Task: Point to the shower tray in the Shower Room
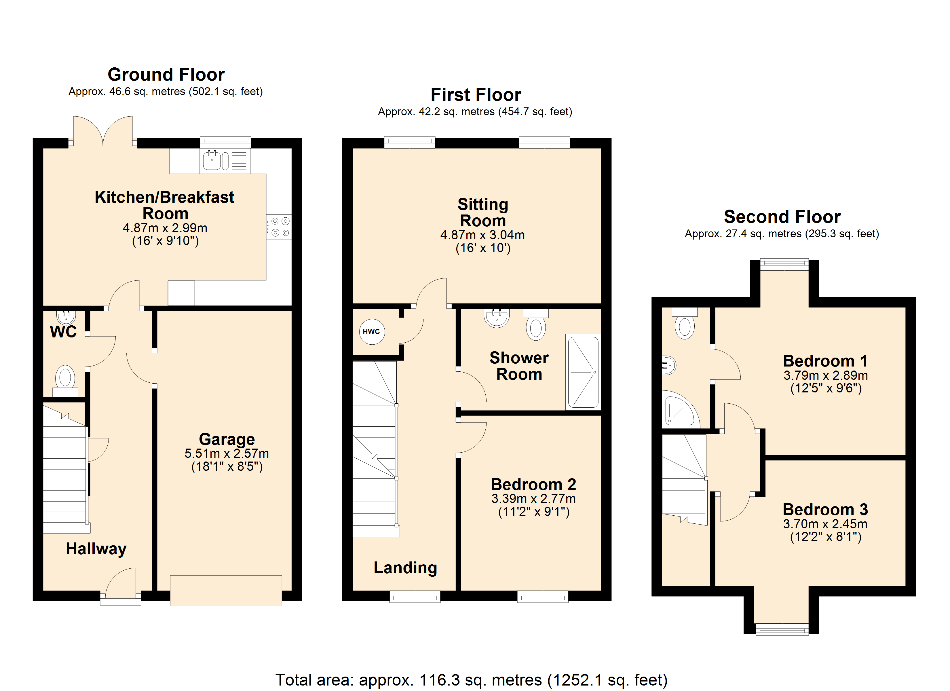pos(583,372)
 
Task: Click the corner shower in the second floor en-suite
pos(681,409)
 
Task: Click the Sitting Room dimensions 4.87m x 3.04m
pos(482,235)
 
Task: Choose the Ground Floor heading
pos(166,75)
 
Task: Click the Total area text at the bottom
pos(471,680)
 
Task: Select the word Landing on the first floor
pos(405,567)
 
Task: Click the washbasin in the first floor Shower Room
pos(497,317)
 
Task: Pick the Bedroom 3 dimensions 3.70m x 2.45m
pos(825,524)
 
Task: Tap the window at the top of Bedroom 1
pos(784,263)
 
